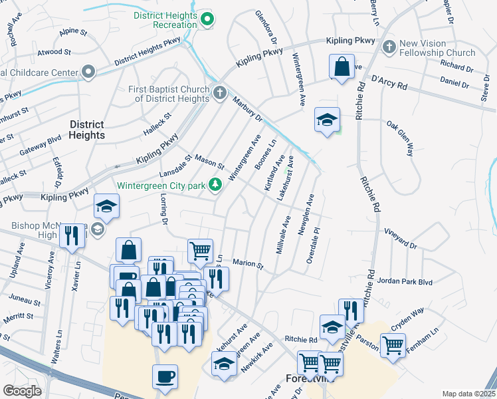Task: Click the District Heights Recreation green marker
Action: click(207, 19)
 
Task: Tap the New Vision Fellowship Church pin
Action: click(389, 47)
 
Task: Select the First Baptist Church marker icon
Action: click(221, 92)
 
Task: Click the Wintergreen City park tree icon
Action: click(215, 185)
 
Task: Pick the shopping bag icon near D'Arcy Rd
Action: click(342, 68)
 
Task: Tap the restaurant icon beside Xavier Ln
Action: click(72, 235)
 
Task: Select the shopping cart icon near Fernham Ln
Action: click(393, 345)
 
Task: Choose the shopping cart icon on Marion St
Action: click(200, 251)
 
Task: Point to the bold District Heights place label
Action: click(86, 130)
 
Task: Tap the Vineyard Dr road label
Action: click(400, 238)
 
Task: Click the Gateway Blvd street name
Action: click(31, 148)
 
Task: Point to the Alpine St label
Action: click(73, 31)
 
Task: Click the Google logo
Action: click(22, 390)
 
